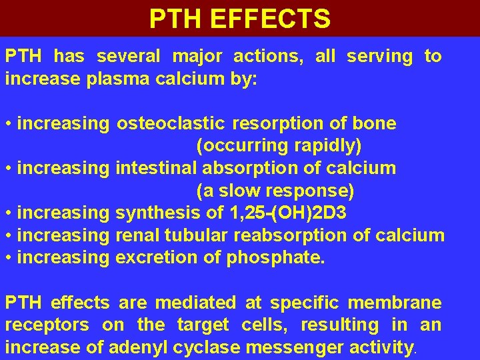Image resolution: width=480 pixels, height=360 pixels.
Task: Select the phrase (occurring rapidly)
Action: point(279,146)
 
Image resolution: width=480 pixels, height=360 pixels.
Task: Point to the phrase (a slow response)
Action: point(275,191)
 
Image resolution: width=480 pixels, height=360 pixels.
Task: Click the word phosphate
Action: point(275,258)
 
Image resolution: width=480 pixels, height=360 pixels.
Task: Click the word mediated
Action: point(197,303)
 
